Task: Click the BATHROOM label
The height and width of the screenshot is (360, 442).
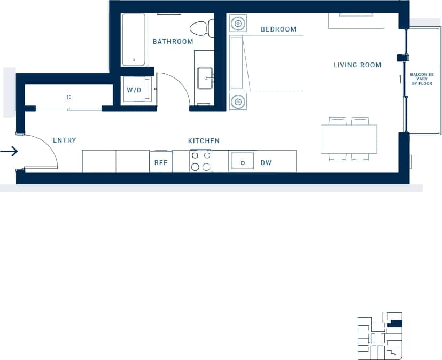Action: click(173, 42)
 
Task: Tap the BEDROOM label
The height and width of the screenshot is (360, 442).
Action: click(278, 29)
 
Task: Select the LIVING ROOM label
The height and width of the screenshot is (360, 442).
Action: click(357, 65)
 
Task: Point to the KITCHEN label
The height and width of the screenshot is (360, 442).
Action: click(204, 141)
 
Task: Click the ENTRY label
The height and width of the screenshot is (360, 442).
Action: click(65, 140)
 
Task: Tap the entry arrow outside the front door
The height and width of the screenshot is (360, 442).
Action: click(9, 152)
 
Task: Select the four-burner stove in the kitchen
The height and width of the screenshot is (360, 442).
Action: click(200, 161)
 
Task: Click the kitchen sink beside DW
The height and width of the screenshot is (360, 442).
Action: click(242, 161)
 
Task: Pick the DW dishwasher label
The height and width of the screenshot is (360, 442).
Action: click(266, 163)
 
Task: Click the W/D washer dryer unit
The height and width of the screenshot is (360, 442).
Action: click(134, 90)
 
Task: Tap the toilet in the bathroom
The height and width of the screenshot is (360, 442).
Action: click(201, 28)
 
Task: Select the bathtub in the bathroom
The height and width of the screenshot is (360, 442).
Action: click(134, 40)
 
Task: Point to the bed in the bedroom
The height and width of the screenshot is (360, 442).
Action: click(266, 63)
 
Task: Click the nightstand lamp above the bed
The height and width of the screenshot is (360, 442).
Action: click(238, 24)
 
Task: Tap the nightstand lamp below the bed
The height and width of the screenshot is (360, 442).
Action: click(238, 101)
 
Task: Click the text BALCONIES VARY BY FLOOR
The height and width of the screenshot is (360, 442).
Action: click(422, 79)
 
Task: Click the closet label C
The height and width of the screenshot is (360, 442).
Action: click(68, 97)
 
